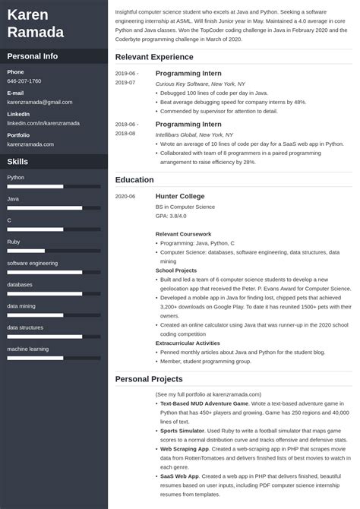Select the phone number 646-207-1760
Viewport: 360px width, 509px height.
click(24, 81)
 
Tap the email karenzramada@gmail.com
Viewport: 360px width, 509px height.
click(39, 101)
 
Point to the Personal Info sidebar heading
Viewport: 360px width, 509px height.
click(33, 56)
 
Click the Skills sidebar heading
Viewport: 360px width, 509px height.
click(18, 162)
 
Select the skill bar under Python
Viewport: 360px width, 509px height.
click(53, 186)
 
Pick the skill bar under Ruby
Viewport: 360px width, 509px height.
click(53, 251)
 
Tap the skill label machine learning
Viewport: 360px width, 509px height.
click(27, 349)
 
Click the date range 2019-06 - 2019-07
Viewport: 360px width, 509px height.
click(126, 77)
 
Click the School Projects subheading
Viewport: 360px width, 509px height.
click(176, 270)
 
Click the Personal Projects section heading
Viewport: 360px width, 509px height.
click(149, 378)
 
